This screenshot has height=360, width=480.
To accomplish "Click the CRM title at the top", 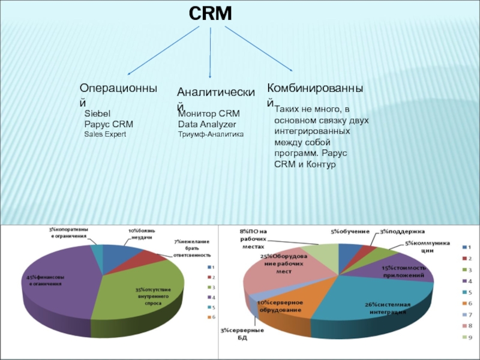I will pyautogui.click(x=211, y=14).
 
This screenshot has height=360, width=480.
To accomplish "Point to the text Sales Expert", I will pyautogui.click(x=105, y=134).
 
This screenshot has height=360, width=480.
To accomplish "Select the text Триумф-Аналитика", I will pyautogui.click(x=211, y=134).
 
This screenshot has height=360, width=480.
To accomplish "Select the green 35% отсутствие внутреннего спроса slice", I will pyautogui.click(x=144, y=294).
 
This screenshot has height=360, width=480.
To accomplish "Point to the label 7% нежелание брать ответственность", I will pyautogui.click(x=192, y=248).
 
